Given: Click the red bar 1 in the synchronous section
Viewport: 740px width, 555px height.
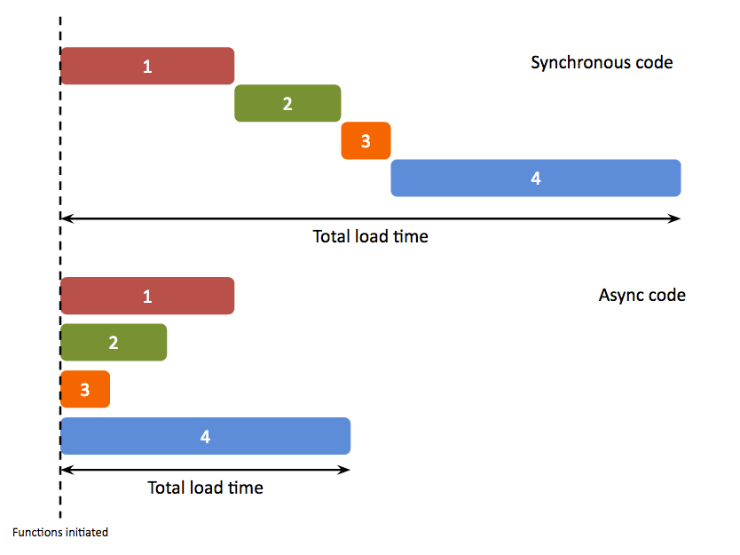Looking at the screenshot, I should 147,66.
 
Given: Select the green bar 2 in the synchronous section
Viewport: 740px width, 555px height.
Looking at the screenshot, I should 287,103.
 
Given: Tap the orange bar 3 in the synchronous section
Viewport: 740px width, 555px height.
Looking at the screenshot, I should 366,140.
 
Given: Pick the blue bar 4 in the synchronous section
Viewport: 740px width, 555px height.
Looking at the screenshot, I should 536,178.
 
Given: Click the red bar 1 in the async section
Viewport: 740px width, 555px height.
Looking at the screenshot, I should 147,296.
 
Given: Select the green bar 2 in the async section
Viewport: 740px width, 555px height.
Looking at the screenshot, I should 114,343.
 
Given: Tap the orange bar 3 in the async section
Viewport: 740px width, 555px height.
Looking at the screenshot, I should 85,389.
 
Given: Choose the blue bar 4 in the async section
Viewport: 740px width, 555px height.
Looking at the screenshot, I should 206,436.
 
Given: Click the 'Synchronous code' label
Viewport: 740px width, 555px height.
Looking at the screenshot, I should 602,63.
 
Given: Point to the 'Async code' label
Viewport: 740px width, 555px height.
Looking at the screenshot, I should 642,295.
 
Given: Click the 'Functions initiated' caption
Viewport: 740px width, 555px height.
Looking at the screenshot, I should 60,533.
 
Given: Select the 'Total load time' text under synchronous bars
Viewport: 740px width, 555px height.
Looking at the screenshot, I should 370,237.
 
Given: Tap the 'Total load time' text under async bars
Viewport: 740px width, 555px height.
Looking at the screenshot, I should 205,488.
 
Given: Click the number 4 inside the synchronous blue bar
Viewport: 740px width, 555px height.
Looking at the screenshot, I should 536,178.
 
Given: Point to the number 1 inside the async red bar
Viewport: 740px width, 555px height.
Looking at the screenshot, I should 147,296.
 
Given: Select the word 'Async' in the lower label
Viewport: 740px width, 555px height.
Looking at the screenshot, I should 618,295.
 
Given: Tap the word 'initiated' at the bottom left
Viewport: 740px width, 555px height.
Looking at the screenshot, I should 86,533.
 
